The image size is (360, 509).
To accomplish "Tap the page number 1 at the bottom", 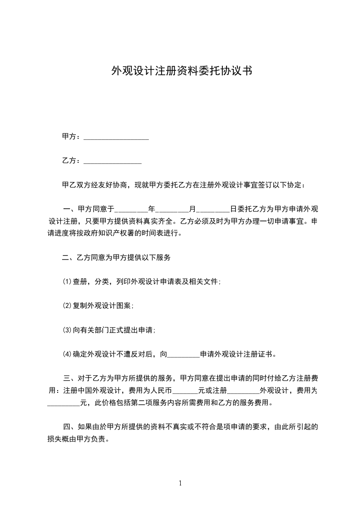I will click(x=180, y=483).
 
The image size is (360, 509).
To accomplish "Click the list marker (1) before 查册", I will click(x=67, y=282).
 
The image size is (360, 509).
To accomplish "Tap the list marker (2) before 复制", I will click(x=67, y=306).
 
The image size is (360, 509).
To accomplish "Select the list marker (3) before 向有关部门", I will click(x=67, y=330).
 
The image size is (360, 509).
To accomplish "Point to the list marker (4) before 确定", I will click(x=67, y=354).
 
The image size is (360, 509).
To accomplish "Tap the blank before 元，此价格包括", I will click(x=63, y=403).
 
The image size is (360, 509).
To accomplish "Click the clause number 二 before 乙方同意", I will click(x=66, y=258).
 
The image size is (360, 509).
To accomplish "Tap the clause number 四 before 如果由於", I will click(x=66, y=427).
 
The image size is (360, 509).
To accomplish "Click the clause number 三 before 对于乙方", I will click(x=66, y=378).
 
